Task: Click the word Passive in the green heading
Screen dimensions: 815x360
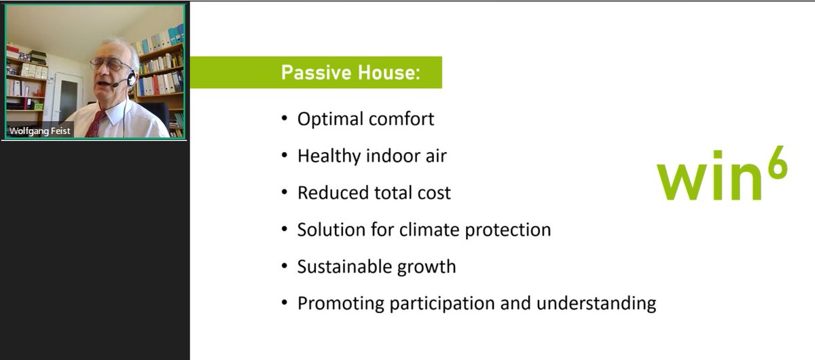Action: coord(316,72)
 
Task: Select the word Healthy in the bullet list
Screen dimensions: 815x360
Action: coord(329,156)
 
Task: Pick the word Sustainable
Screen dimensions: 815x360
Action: coord(344,266)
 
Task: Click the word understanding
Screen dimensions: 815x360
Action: coord(596,304)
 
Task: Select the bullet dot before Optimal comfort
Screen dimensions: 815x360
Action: coord(285,118)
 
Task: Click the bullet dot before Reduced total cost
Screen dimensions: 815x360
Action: coord(285,192)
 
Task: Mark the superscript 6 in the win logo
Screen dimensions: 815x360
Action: coord(778,162)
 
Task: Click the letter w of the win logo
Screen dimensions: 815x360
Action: coord(681,183)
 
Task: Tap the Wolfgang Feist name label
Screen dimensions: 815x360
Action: coord(39,130)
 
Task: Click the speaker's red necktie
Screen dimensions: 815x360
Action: coord(96,124)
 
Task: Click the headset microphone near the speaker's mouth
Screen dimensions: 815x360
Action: coord(115,85)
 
